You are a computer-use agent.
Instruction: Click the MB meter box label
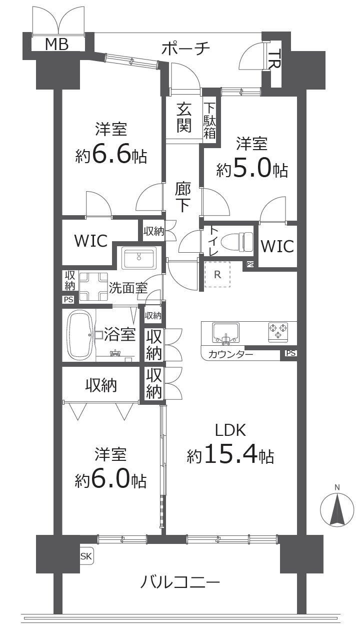[x=57, y=45]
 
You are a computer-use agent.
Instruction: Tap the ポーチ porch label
[x=186, y=49]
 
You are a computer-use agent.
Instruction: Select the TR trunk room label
[x=274, y=59]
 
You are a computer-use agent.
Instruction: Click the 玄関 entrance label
[x=184, y=118]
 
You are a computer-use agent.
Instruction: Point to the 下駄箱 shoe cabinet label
[x=209, y=121]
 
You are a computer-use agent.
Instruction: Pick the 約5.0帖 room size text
[x=252, y=169]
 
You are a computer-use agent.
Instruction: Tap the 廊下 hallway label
[x=183, y=198]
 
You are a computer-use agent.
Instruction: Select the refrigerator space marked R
[x=217, y=274]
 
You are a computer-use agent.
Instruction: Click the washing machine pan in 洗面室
[x=93, y=287]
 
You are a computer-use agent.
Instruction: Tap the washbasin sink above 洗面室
[x=139, y=258]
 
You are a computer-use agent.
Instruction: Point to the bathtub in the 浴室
[x=80, y=335]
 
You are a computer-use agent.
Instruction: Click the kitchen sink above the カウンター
[x=225, y=333]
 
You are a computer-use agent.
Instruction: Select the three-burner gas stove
[x=278, y=332]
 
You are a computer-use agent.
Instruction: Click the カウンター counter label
[x=230, y=354]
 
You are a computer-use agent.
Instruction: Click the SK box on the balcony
[x=86, y=556]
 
